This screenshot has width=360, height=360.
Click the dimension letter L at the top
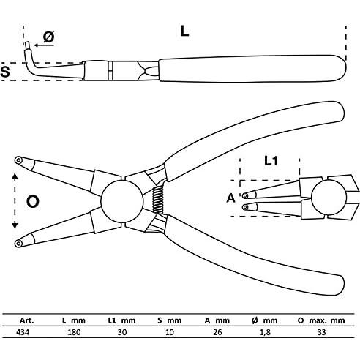184,31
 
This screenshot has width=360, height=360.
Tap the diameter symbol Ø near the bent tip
49,37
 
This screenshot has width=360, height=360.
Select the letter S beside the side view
5,72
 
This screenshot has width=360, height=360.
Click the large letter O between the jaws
33,201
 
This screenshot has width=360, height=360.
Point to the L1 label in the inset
271,161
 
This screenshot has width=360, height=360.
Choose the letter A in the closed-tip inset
230,198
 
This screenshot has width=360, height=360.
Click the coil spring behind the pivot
157,200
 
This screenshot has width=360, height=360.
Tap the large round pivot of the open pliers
122,200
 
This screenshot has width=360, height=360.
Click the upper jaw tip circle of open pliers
18,160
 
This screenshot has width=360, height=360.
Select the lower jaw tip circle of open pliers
18,243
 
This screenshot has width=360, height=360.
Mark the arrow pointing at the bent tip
44,45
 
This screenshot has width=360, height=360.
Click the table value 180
74,332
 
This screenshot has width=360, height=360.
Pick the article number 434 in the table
23,332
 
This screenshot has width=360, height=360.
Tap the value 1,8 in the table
265,332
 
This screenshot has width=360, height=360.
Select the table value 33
321,332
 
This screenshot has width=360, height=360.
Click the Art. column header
27,320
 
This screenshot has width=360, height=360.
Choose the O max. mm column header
321,320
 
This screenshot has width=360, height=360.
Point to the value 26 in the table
217,332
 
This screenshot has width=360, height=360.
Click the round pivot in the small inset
329,198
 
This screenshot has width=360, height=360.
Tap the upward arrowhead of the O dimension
15,176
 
